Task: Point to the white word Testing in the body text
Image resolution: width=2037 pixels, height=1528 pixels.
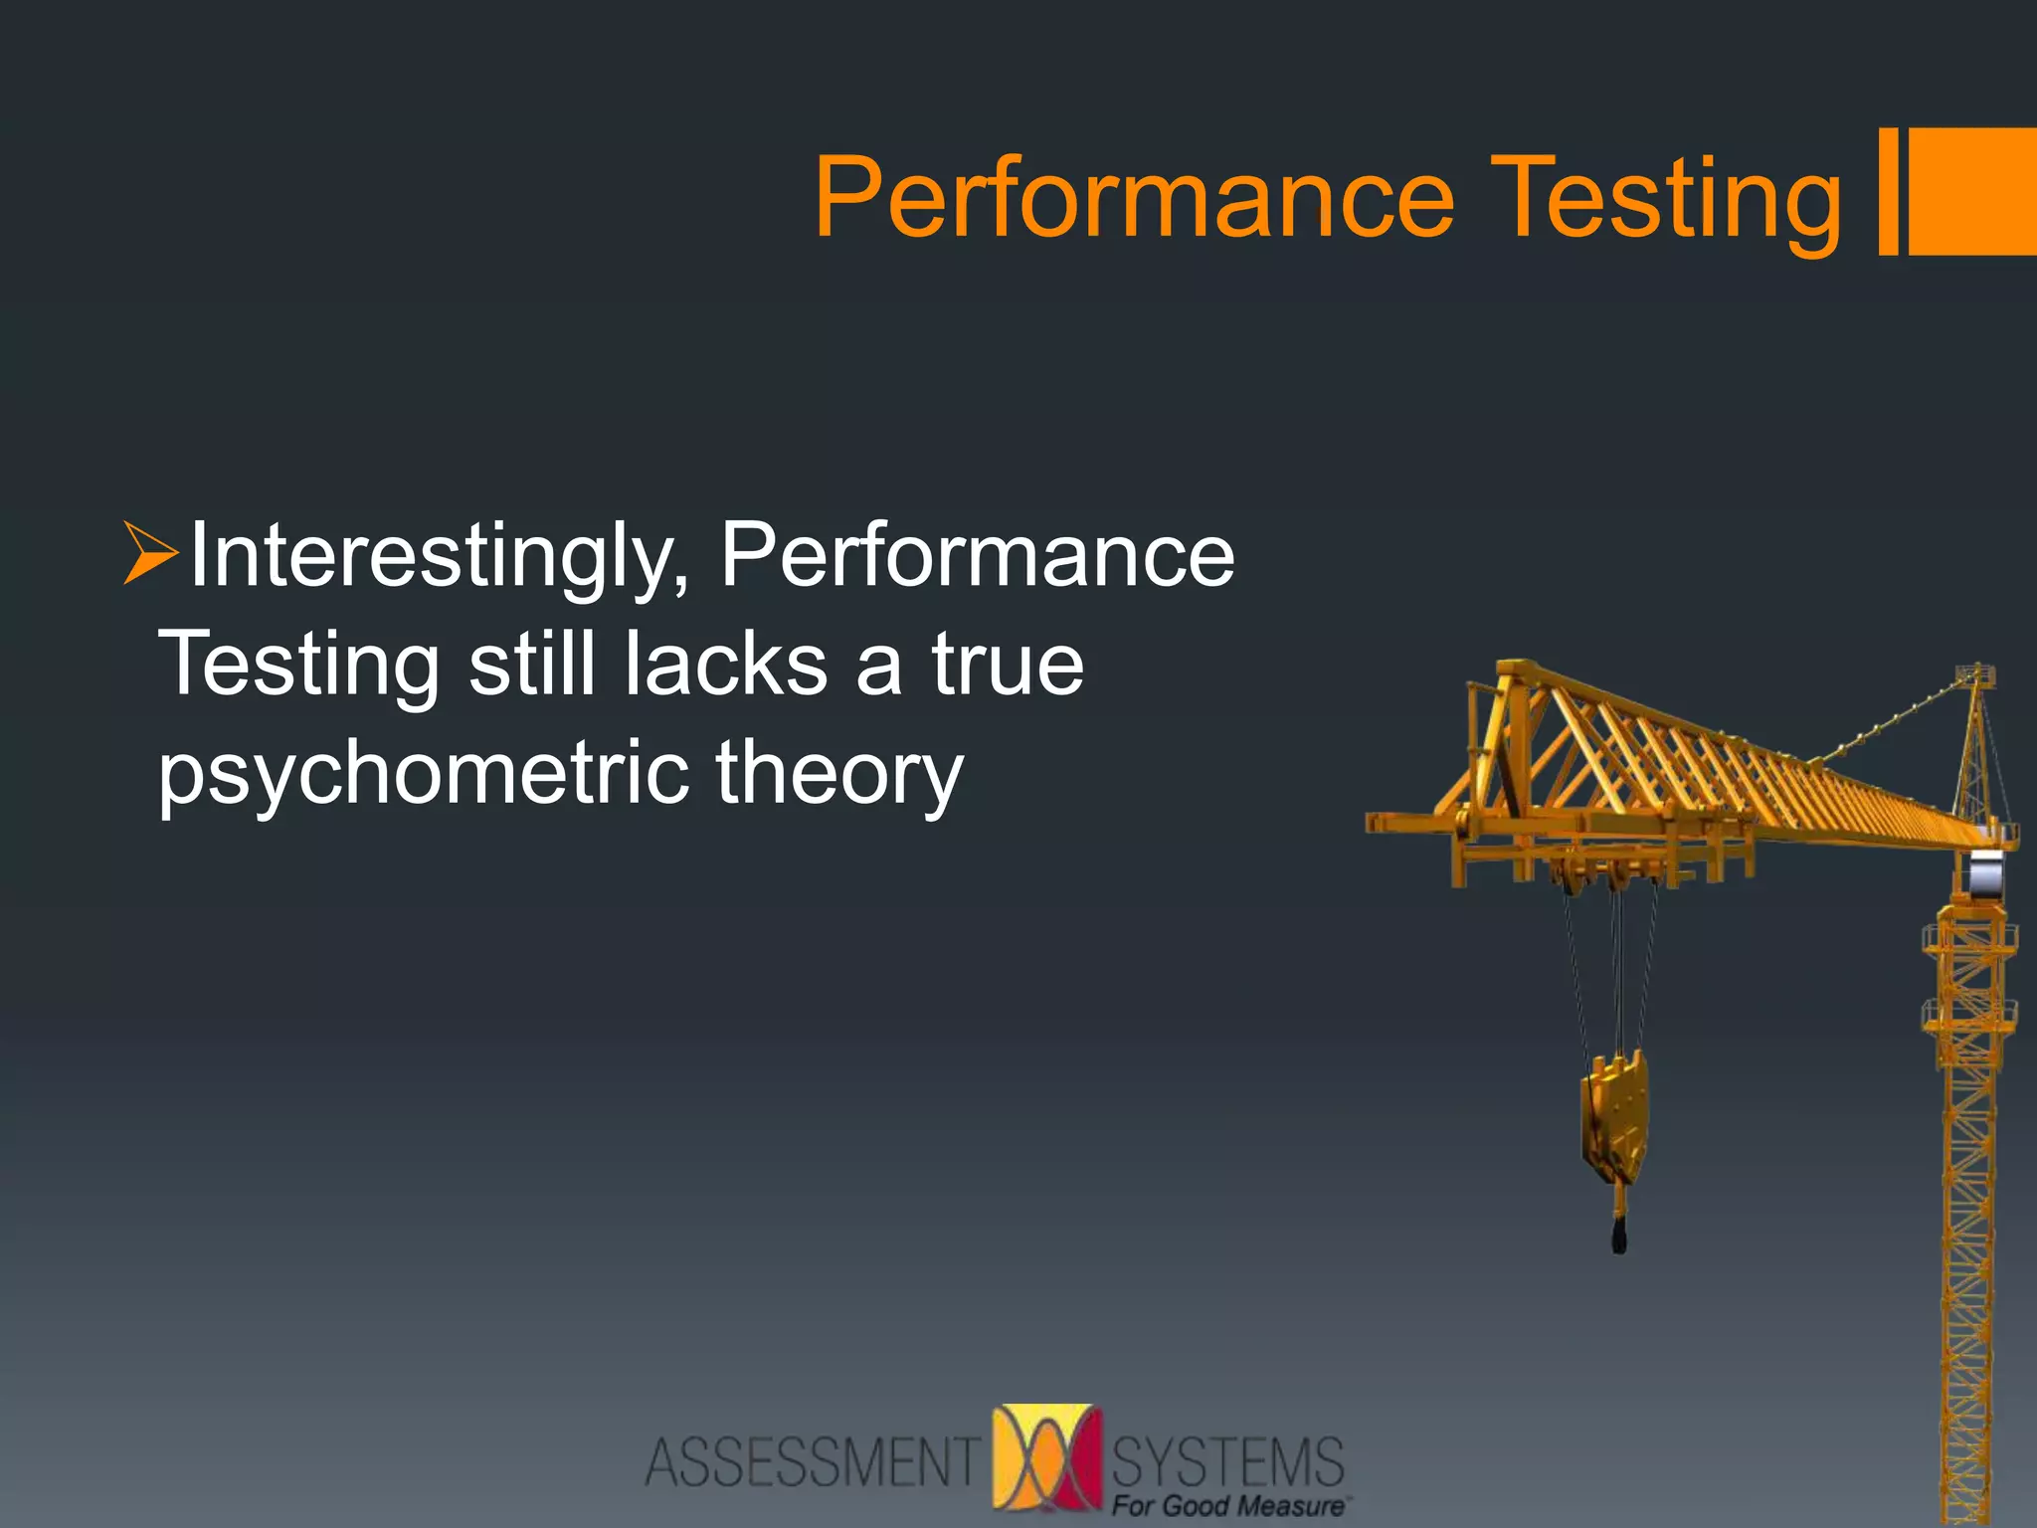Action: click(x=298, y=665)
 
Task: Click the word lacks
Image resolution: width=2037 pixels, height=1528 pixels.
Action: click(x=726, y=664)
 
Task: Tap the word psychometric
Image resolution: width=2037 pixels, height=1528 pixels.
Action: click(x=423, y=774)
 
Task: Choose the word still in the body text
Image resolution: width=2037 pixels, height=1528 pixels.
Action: click(x=531, y=664)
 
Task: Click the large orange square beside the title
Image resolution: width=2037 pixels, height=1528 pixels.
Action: click(x=1972, y=191)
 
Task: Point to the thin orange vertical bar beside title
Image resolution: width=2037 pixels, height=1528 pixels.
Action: click(x=1887, y=191)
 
